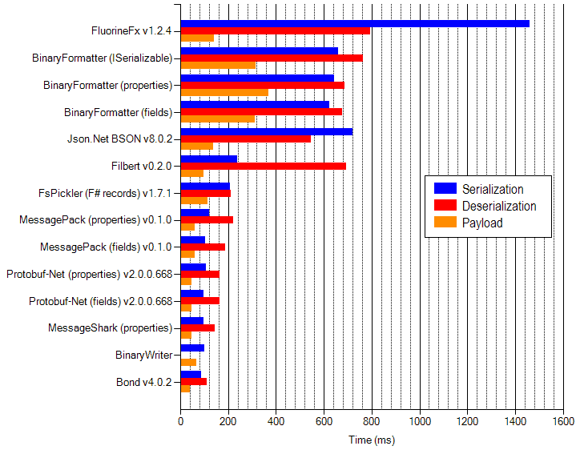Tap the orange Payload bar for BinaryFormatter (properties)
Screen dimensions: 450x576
(x=224, y=92)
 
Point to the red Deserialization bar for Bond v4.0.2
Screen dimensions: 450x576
(x=193, y=381)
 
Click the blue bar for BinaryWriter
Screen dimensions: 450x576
(x=192, y=348)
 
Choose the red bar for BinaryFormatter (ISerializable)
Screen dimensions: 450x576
(x=272, y=58)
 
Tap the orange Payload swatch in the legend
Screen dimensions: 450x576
(x=445, y=223)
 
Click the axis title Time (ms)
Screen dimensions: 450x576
(x=372, y=440)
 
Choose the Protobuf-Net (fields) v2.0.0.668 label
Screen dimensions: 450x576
(x=101, y=301)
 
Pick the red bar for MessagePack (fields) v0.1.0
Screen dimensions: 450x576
(x=203, y=247)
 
